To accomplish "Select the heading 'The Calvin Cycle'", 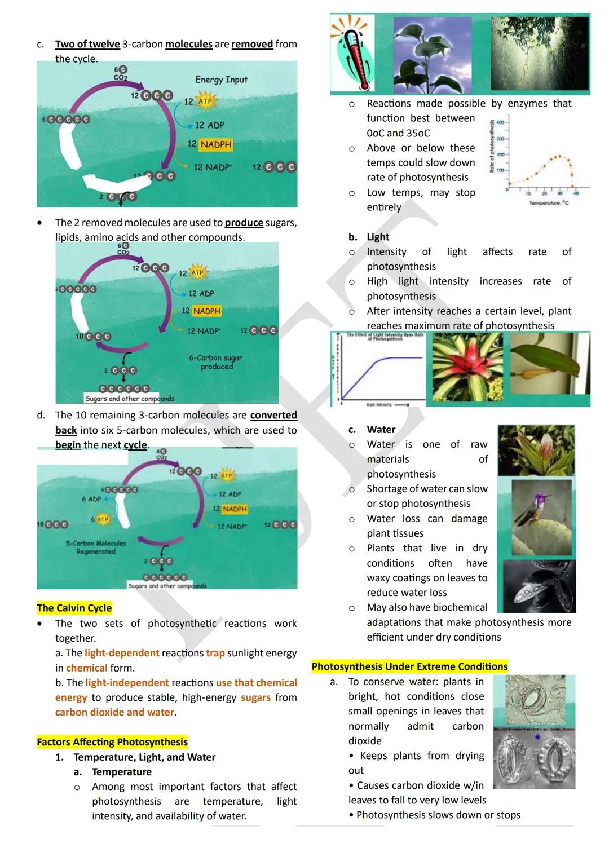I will [74, 608].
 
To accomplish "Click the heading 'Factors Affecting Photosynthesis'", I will [112, 742].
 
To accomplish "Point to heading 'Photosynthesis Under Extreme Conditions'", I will [409, 666].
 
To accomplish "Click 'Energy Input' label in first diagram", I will [221, 80].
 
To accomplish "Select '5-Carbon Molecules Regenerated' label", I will [95, 547].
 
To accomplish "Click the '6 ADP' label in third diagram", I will [91, 499].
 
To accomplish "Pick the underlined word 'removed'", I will [252, 44].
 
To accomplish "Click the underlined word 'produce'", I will [244, 223].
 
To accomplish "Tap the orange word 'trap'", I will [215, 653].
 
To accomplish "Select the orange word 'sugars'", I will [255, 697].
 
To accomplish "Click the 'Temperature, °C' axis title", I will [549, 203].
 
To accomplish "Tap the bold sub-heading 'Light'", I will [378, 237].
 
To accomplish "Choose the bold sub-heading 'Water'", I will [381, 430].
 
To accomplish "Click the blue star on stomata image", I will [537, 737].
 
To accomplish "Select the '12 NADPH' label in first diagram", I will [210, 144].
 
